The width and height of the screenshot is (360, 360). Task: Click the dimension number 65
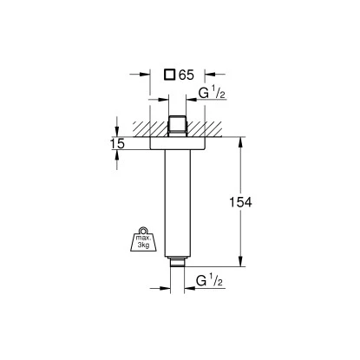[x=186, y=75]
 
